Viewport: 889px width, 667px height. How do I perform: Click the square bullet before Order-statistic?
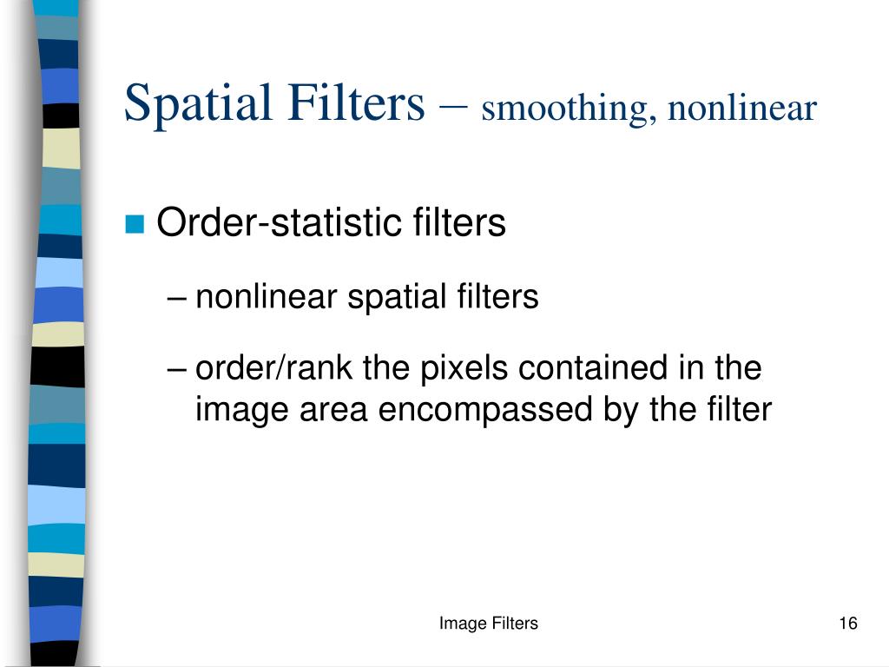tap(134, 225)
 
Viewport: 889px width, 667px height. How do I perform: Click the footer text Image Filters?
tap(488, 623)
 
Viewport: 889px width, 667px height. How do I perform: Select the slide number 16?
tap(848, 623)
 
